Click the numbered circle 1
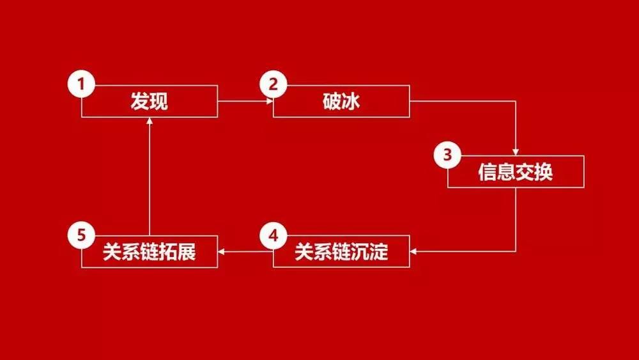(x=82, y=84)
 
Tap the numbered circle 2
(x=273, y=84)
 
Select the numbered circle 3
(x=447, y=155)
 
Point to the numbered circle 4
(x=273, y=235)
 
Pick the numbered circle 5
(x=82, y=235)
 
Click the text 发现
(x=149, y=101)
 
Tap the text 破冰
(x=341, y=101)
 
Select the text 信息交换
(x=516, y=171)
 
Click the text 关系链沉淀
(x=341, y=251)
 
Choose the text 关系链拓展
(x=149, y=251)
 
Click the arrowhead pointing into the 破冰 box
(x=270, y=101)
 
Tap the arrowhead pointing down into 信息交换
(x=516, y=152)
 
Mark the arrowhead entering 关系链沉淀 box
(x=413, y=251)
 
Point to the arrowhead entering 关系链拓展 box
(x=221, y=251)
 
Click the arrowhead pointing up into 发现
(x=150, y=120)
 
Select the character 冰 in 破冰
(x=351, y=101)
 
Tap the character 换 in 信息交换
(x=544, y=171)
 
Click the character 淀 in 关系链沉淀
(x=378, y=251)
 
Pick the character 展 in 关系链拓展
(x=187, y=251)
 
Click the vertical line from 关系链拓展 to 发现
(x=150, y=176)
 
